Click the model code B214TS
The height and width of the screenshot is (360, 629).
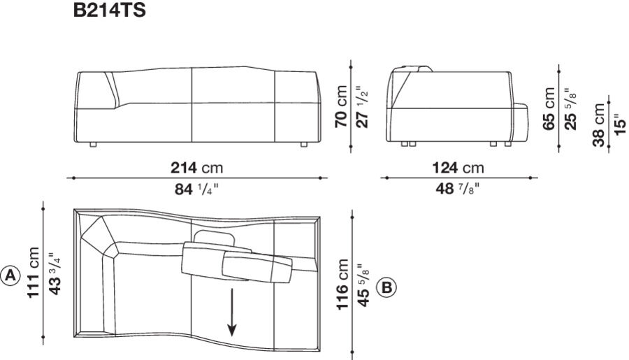pyautogui.click(x=109, y=11)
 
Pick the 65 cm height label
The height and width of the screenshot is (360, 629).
pyautogui.click(x=549, y=108)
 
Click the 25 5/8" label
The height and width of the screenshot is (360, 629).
pyautogui.click(x=570, y=108)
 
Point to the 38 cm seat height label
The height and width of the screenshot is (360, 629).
pyautogui.click(x=600, y=124)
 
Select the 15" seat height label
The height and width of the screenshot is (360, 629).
pyautogui.click(x=619, y=124)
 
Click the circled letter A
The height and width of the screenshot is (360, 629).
pyautogui.click(x=10, y=275)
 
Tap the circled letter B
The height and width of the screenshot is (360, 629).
pyautogui.click(x=386, y=287)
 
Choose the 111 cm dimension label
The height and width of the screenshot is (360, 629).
pyautogui.click(x=34, y=273)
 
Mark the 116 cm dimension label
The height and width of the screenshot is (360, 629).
pyautogui.click(x=342, y=287)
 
